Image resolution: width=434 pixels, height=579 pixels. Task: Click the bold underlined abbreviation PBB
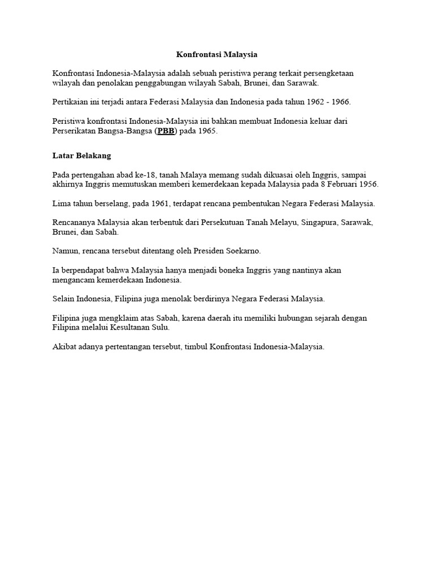click(x=166, y=131)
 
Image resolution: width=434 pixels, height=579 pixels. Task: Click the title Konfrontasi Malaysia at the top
click(x=217, y=54)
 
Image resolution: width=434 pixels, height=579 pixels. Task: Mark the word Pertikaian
click(x=71, y=102)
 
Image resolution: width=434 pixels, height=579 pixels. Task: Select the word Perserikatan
click(x=76, y=131)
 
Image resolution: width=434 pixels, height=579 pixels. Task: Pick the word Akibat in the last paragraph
click(x=64, y=347)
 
